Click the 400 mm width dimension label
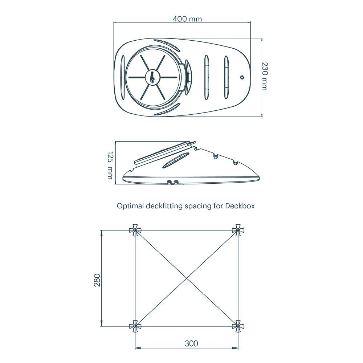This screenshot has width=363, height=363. [187, 19]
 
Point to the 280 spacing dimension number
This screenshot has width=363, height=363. [97, 280]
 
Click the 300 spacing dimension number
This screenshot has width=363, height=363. [191, 343]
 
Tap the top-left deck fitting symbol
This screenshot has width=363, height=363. [135, 230]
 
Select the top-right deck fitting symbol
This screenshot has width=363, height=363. [238, 230]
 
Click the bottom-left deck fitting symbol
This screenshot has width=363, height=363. [135, 326]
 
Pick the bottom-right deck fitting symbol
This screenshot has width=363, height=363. [238, 326]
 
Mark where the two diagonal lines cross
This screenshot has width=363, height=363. [187, 278]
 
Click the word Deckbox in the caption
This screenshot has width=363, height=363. [240, 206]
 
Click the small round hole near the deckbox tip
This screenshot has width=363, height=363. [242, 77]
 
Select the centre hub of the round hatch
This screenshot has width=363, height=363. [153, 77]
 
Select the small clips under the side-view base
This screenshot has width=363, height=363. [172, 181]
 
